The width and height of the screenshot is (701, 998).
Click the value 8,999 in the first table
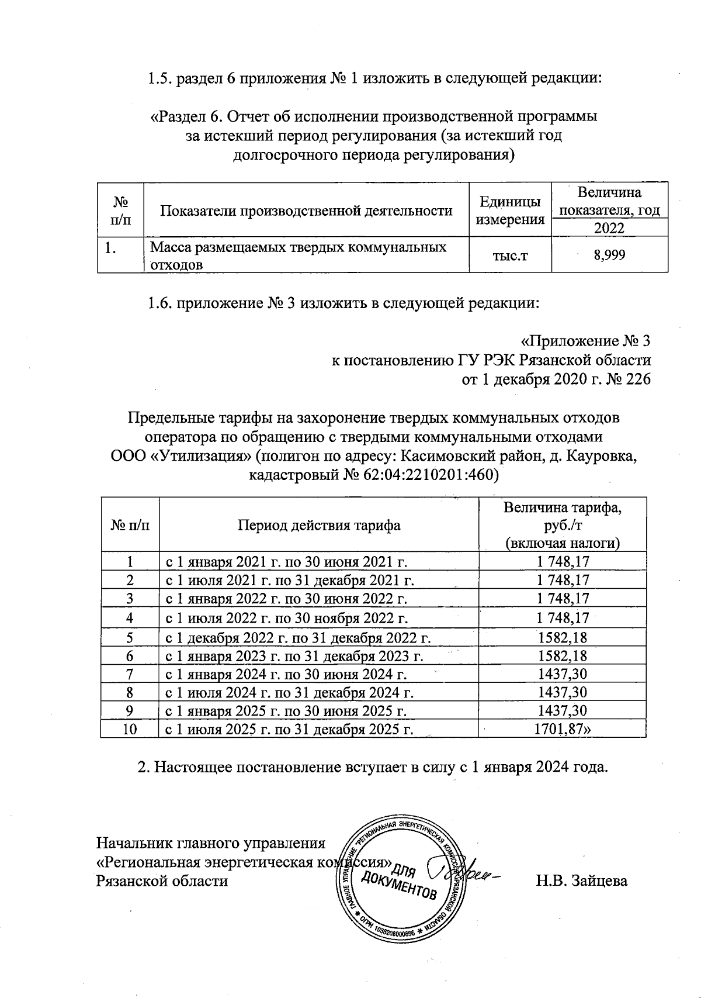[x=609, y=254]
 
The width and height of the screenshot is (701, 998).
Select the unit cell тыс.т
[x=511, y=254]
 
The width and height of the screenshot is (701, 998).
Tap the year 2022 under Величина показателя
[x=609, y=228]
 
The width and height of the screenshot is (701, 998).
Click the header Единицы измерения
[x=511, y=210]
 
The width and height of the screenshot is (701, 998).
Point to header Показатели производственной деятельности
[x=306, y=210]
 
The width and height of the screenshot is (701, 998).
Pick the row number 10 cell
[x=130, y=729]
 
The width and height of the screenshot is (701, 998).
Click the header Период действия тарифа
[x=318, y=524]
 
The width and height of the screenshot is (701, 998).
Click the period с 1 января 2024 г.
[x=286, y=674]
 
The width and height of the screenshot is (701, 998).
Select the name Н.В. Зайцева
[x=582, y=880]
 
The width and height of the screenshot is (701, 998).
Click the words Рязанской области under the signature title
[x=162, y=880]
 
